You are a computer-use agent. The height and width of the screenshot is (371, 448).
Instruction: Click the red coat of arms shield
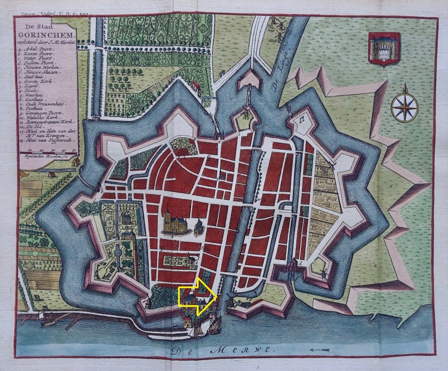tap(384, 48)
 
